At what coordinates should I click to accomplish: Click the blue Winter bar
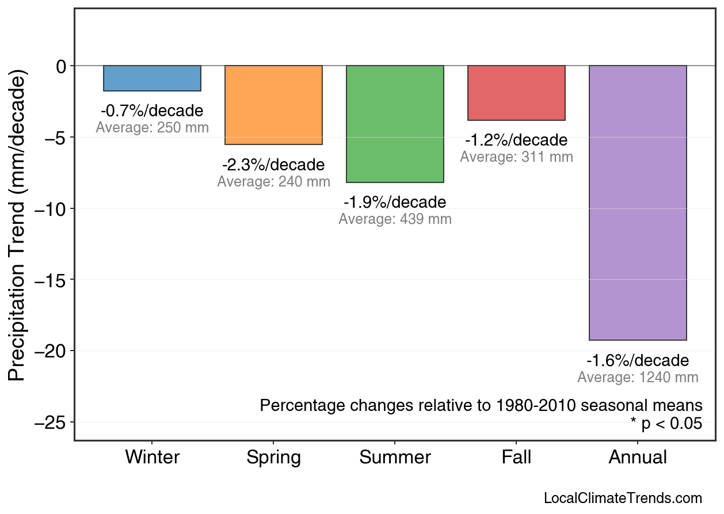(152, 78)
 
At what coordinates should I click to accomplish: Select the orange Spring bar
(273, 105)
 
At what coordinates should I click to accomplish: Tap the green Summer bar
(395, 124)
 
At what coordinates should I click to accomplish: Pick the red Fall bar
(516, 93)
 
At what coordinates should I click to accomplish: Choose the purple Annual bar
(638, 203)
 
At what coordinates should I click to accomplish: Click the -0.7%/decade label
(152, 111)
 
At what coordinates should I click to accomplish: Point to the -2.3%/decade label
(273, 165)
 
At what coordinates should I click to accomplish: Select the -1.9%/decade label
(395, 203)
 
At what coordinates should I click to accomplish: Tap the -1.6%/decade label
(638, 361)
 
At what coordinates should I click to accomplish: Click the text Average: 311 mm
(516, 157)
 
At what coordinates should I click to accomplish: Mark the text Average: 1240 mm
(638, 378)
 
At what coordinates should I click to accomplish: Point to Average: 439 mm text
(395, 219)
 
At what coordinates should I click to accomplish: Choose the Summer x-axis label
(395, 458)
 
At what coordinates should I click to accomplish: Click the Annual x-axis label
(638, 458)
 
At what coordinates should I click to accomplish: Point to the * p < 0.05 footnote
(666, 424)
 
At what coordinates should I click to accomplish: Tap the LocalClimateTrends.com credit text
(623, 498)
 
